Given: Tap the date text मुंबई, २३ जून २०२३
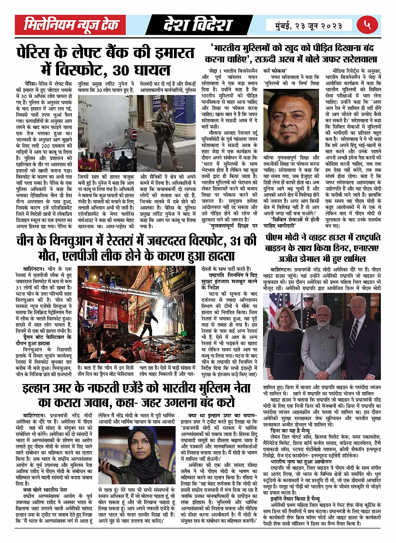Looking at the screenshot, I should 309,25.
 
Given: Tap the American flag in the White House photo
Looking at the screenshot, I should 276,306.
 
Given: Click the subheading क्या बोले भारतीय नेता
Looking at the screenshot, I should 45,489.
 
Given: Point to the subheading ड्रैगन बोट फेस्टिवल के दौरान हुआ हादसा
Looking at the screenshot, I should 47,340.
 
